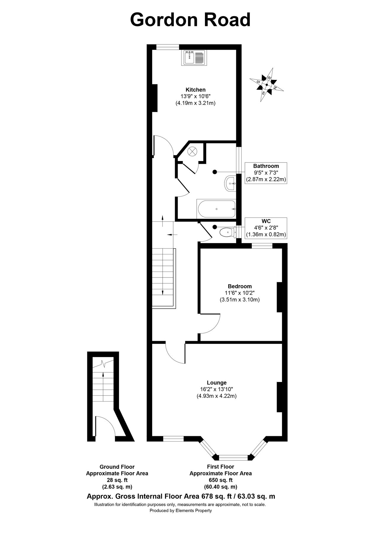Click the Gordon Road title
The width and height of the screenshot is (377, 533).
(x=190, y=20)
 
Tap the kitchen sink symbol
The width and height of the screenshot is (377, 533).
(x=194, y=57)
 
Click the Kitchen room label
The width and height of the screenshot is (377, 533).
(x=195, y=90)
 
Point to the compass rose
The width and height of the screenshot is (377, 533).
(x=267, y=85)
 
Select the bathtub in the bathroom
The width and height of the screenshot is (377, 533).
(x=216, y=209)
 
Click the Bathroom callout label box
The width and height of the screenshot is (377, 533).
(x=266, y=173)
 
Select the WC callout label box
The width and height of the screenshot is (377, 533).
(x=266, y=228)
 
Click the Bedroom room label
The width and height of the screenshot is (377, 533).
(x=240, y=286)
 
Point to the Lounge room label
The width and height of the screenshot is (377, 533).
(x=216, y=383)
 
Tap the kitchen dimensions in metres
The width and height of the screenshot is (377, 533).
(x=195, y=103)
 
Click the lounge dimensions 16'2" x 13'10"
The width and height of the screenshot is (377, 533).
(x=216, y=389)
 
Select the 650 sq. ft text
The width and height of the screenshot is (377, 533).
(x=220, y=480)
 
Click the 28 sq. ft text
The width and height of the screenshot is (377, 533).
(x=117, y=480)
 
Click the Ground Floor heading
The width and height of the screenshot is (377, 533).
(x=117, y=467)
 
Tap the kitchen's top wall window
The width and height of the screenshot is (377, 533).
(x=168, y=46)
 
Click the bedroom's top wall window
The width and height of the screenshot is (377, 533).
(x=262, y=245)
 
